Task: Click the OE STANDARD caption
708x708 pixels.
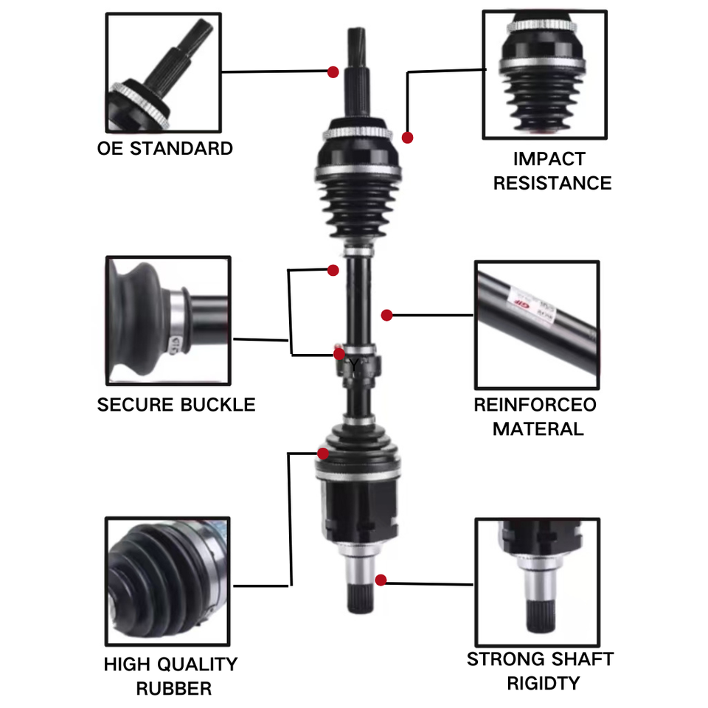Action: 164,148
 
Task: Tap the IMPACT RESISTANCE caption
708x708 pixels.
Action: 552,171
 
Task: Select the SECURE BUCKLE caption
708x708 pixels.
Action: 176,405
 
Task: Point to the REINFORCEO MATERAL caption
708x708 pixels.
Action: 535,417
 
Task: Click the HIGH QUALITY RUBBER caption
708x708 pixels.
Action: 170,676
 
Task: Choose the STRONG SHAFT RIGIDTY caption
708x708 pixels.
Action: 540,671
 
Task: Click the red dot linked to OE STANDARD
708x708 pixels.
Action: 333,72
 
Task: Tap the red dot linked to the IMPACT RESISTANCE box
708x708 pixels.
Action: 407,138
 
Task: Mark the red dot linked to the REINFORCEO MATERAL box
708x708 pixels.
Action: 386,315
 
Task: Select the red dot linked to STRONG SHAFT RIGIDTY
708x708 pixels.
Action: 381,580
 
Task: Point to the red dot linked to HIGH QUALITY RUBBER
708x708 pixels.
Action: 323,454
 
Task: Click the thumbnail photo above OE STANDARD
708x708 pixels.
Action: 164,73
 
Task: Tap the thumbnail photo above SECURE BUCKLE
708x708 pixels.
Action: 168,321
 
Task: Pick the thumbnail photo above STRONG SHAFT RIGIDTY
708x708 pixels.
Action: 538,583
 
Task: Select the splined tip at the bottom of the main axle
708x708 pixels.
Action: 361,598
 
